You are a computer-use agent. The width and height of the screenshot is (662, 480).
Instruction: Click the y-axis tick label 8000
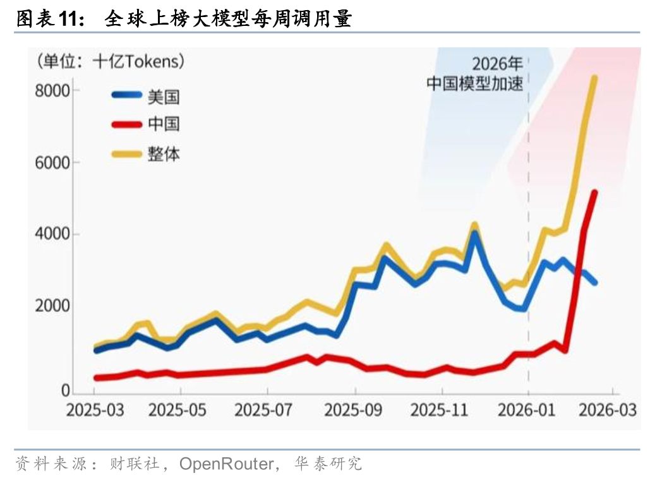click(x=52, y=90)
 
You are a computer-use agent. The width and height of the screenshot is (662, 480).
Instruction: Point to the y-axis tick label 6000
click(x=52, y=162)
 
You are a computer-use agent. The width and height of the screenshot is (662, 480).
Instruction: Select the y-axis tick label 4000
click(x=52, y=234)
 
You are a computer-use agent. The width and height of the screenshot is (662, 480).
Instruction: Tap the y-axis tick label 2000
click(x=52, y=306)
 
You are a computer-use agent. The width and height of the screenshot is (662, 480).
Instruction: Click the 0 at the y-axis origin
click(x=64, y=391)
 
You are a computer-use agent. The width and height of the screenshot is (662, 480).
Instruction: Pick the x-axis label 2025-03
click(x=95, y=410)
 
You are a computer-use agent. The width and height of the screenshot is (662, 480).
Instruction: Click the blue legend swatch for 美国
click(x=126, y=95)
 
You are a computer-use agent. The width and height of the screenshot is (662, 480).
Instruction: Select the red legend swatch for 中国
click(x=126, y=124)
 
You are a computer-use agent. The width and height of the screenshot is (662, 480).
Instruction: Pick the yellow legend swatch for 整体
click(x=126, y=153)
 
